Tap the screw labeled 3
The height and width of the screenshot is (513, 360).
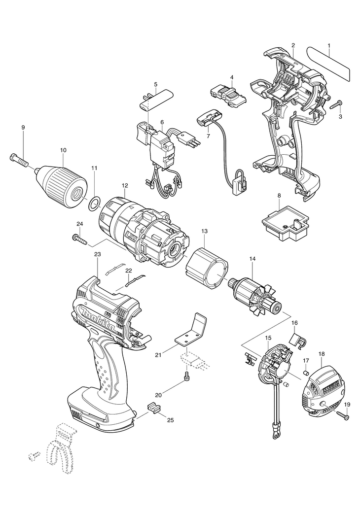click(336, 104)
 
